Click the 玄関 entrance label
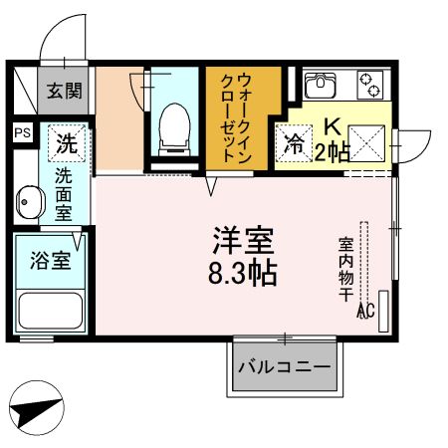65,91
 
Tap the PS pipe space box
23,132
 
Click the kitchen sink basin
321,85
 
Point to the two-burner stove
369,85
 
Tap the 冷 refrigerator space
294,143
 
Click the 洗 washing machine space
67,143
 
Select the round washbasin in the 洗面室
30,202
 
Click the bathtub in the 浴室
51,311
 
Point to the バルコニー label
285,367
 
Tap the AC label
366,311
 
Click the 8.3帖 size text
243,273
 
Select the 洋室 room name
243,241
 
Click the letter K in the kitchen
333,127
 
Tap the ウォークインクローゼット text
236,118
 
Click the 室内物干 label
345,269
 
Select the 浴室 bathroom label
51,261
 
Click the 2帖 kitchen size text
332,152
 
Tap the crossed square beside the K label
366,143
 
